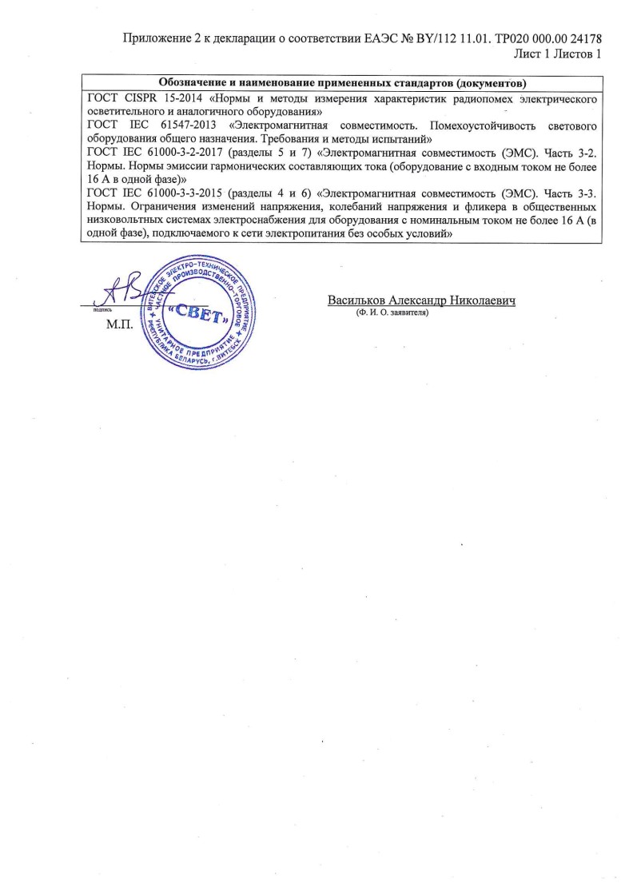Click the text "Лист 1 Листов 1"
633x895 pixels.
(x=556, y=54)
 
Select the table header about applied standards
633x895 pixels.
(x=341, y=83)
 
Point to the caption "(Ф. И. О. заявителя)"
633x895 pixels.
(x=392, y=313)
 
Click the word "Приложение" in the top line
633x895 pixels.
(x=156, y=39)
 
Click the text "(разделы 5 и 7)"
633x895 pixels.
(x=277, y=153)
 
